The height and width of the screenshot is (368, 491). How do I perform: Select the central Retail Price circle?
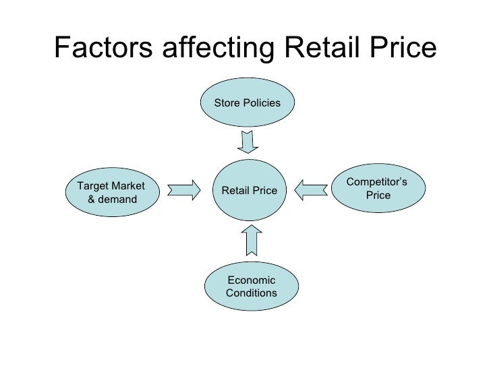[x=249, y=191]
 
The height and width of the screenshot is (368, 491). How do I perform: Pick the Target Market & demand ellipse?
[x=112, y=192]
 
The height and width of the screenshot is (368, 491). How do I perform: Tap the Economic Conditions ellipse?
[x=251, y=286]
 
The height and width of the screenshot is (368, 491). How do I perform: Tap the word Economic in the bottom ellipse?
[x=251, y=280]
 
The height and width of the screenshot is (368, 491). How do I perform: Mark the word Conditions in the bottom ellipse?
[x=251, y=293]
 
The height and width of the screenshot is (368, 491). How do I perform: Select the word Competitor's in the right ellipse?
[x=376, y=183]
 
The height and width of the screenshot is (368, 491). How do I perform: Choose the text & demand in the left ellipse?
[x=112, y=200]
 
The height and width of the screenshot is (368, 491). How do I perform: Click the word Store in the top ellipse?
[x=227, y=103]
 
